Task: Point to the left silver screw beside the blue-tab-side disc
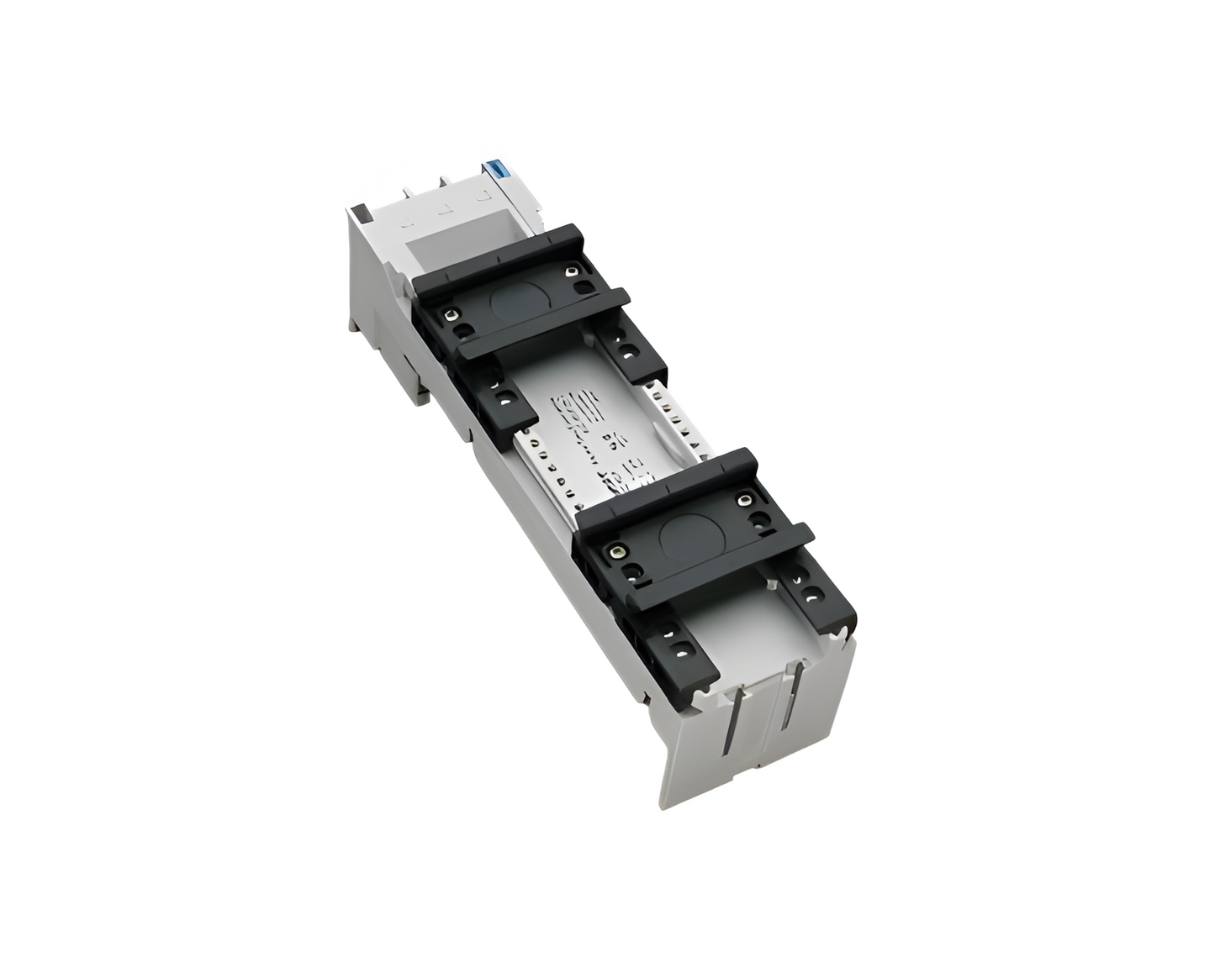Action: point(452,316)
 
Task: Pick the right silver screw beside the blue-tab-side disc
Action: point(572,271)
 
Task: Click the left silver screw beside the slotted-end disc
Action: point(619,552)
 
